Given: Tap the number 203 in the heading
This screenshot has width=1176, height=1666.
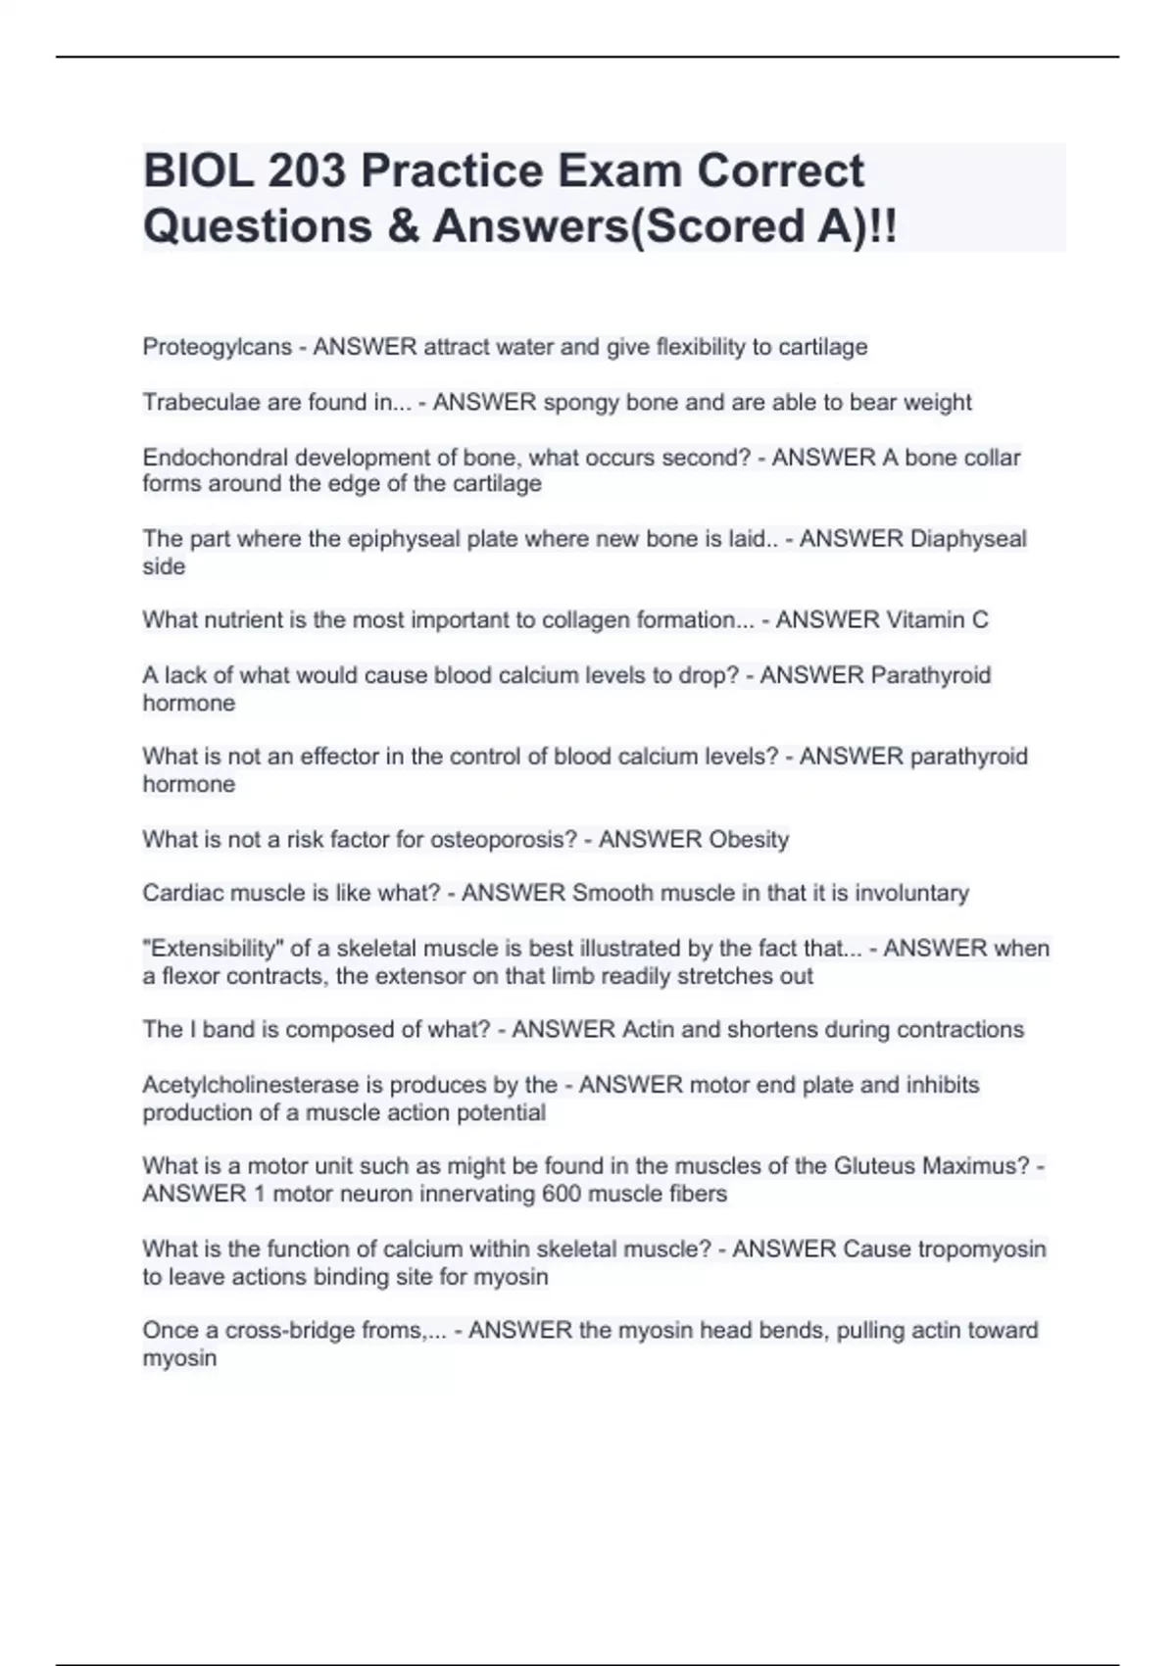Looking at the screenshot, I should (x=306, y=171).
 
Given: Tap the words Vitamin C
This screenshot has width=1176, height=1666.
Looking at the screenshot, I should (x=937, y=619).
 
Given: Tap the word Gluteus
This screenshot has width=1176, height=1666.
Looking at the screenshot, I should (x=874, y=1166).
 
